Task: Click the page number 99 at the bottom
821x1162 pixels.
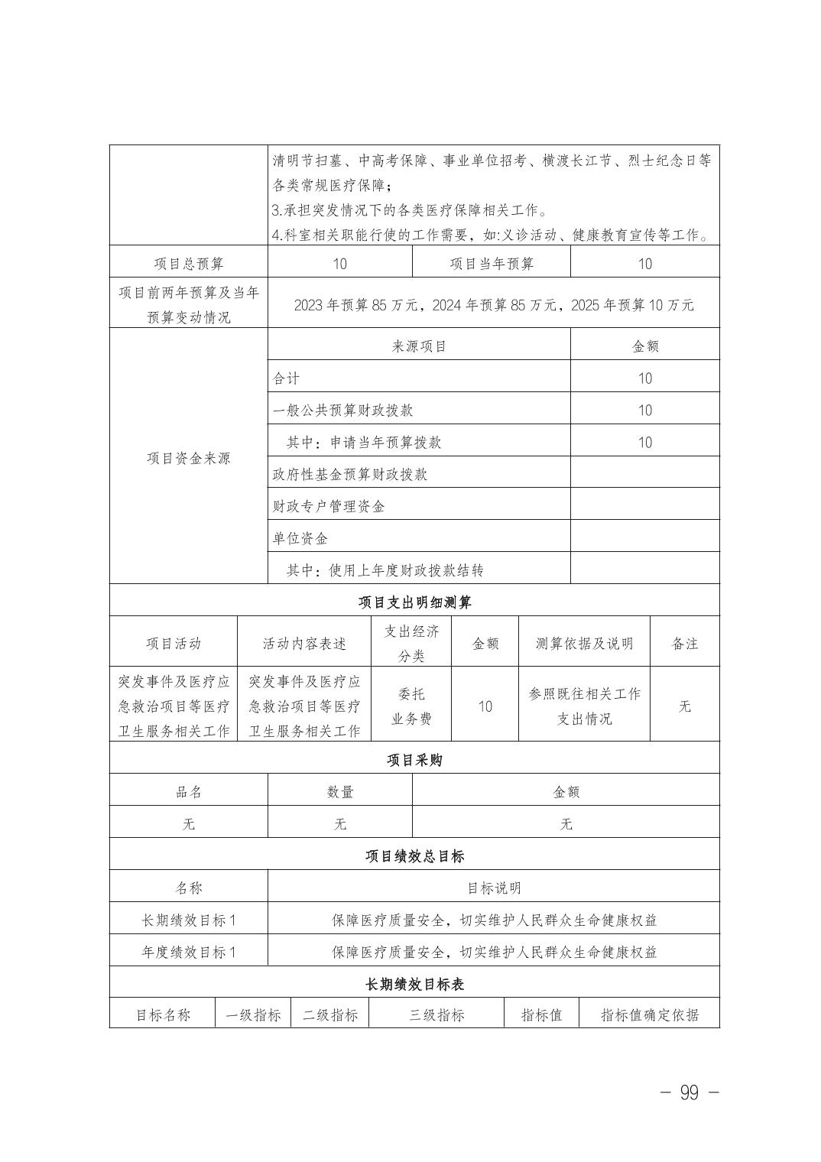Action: (689, 1093)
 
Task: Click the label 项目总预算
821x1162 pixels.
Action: (188, 264)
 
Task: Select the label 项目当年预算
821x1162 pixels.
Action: (491, 264)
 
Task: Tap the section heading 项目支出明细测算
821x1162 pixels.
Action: (414, 602)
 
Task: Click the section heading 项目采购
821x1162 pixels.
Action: (414, 760)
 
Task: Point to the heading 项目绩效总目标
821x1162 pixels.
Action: (414, 856)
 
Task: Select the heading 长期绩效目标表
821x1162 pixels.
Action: (414, 984)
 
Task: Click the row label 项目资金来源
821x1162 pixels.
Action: (188, 459)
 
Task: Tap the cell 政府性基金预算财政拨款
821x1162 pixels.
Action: (350, 474)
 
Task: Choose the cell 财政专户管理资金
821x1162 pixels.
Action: (329, 506)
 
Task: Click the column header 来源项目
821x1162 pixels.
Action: (419, 346)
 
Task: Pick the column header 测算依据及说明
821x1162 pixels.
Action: (585, 644)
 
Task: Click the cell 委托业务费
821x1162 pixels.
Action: (411, 706)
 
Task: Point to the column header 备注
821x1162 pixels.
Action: (684, 644)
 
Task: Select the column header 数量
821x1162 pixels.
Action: (339, 792)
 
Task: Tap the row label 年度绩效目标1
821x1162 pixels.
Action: (189, 952)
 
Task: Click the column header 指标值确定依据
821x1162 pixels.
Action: (649, 1015)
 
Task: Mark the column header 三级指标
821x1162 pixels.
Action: (436, 1015)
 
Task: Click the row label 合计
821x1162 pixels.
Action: (287, 378)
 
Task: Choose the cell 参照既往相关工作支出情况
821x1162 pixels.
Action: (585, 706)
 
